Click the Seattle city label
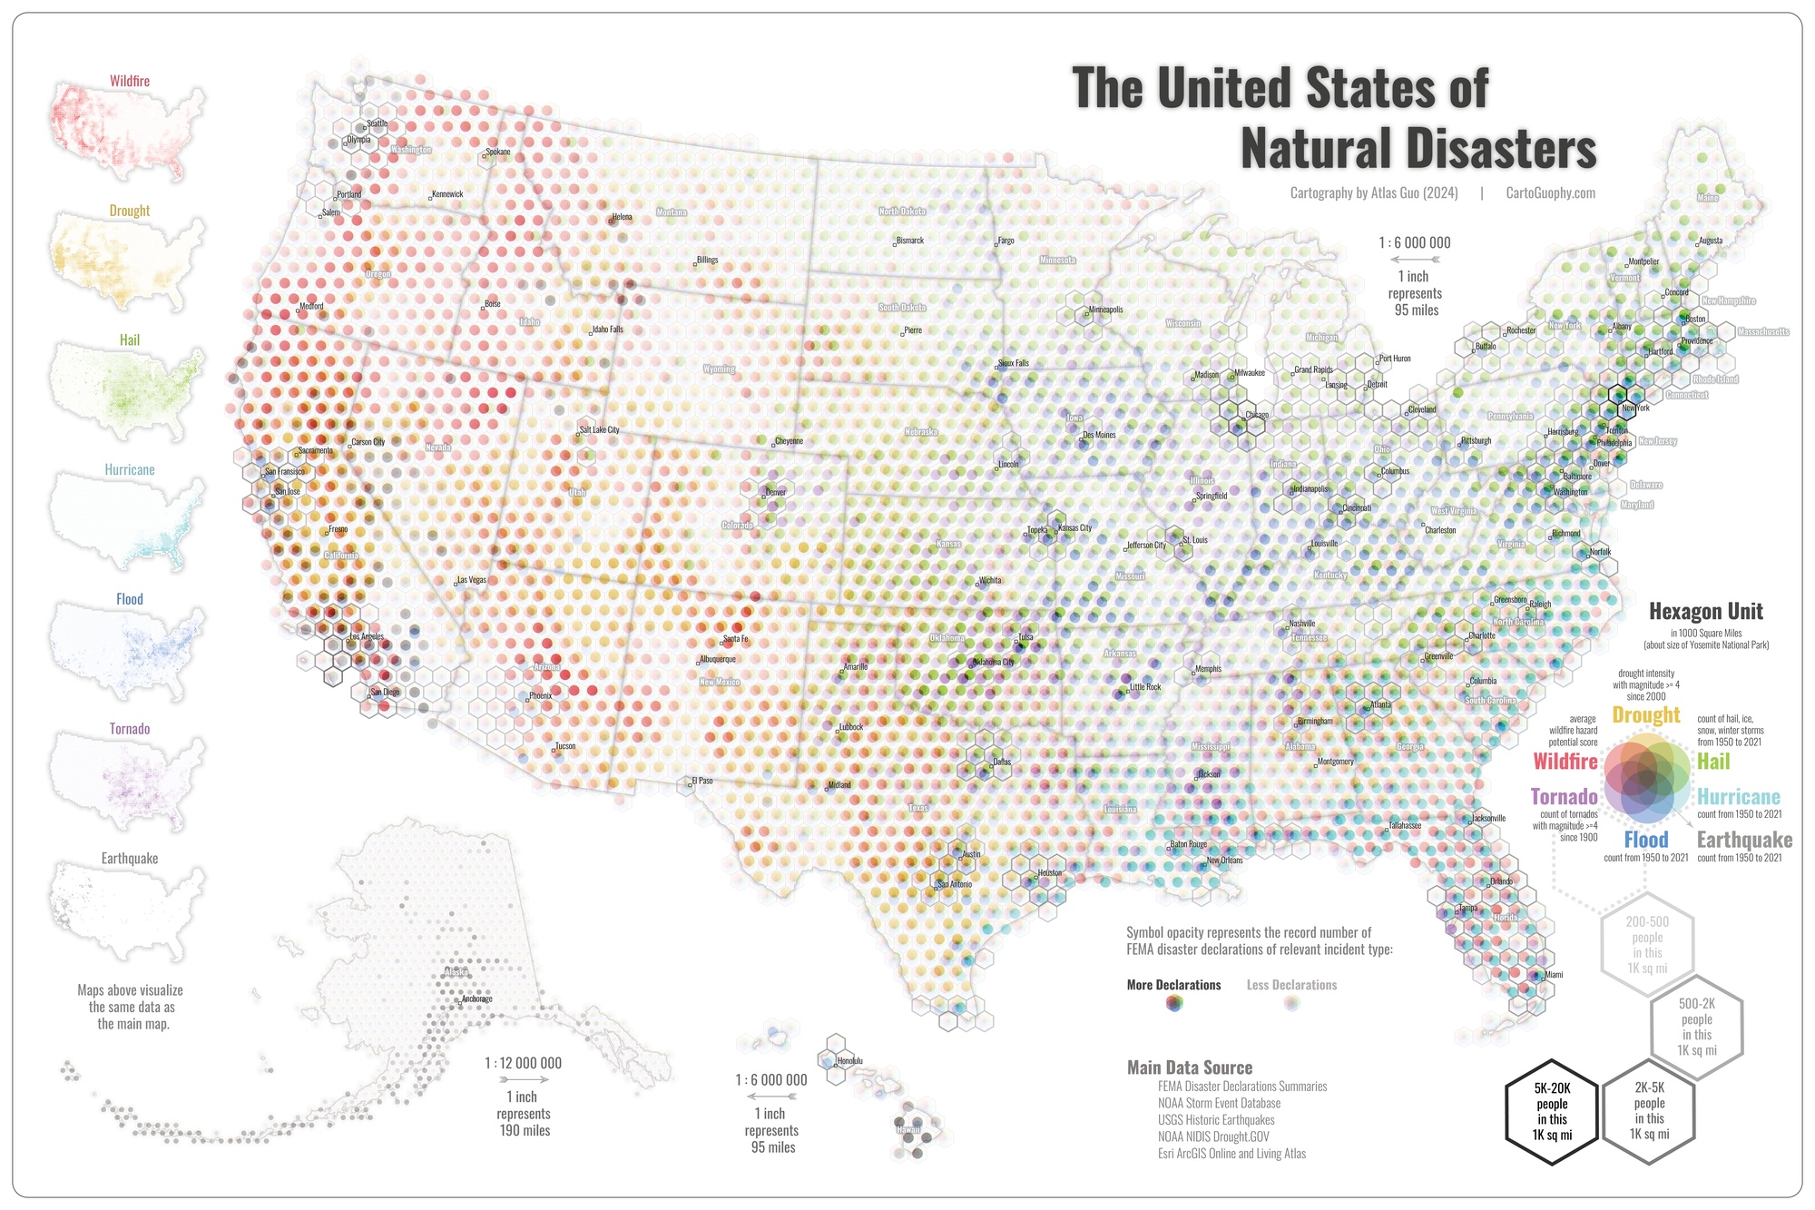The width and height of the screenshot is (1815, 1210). tap(377, 123)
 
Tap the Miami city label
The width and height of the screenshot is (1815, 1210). tap(1554, 975)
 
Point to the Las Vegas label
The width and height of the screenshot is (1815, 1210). tap(472, 580)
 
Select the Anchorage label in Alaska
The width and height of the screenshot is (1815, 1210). tap(477, 999)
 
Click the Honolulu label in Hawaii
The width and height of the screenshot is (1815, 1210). tap(850, 1061)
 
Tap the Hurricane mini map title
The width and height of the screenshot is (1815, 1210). tap(130, 470)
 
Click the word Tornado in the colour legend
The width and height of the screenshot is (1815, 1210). tap(1564, 797)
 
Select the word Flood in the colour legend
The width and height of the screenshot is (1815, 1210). tap(1645, 840)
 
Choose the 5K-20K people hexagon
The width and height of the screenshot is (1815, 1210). tap(1552, 1112)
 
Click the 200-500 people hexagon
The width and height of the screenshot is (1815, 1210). tap(1647, 944)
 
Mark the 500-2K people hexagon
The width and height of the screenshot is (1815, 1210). tap(1696, 1027)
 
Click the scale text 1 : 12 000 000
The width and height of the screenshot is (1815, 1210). tap(523, 1063)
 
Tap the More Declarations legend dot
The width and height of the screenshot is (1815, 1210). tap(1174, 1003)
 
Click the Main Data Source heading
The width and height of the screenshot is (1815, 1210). tap(1190, 1068)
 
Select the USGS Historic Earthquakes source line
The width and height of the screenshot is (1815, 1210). tap(1216, 1120)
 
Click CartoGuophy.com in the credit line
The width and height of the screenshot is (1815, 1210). tap(1550, 192)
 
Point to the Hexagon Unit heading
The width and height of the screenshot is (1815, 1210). tap(1706, 612)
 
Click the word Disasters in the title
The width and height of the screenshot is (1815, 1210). tap(1418, 149)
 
